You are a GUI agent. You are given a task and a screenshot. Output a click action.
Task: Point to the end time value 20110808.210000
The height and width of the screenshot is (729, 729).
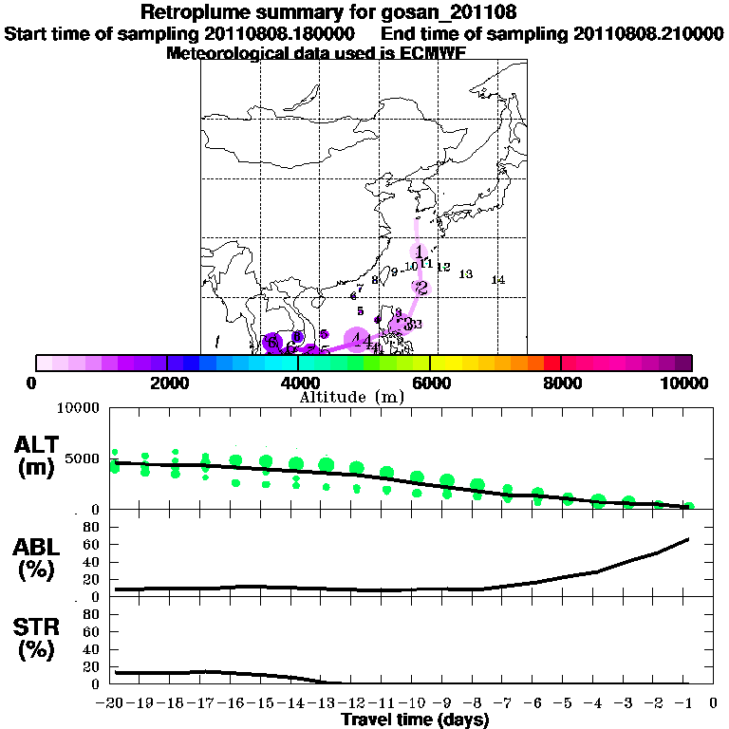(x=648, y=33)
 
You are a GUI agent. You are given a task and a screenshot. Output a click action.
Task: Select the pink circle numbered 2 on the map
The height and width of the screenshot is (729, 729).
(x=421, y=288)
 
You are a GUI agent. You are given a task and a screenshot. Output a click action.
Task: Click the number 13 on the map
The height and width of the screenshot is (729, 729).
(x=465, y=274)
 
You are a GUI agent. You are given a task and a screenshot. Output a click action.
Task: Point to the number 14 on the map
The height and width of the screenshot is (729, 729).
(x=497, y=280)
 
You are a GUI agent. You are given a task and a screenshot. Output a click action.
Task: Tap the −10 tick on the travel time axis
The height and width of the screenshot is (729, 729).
(x=416, y=704)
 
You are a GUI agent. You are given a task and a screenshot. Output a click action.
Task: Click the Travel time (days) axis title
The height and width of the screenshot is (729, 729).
(x=415, y=720)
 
